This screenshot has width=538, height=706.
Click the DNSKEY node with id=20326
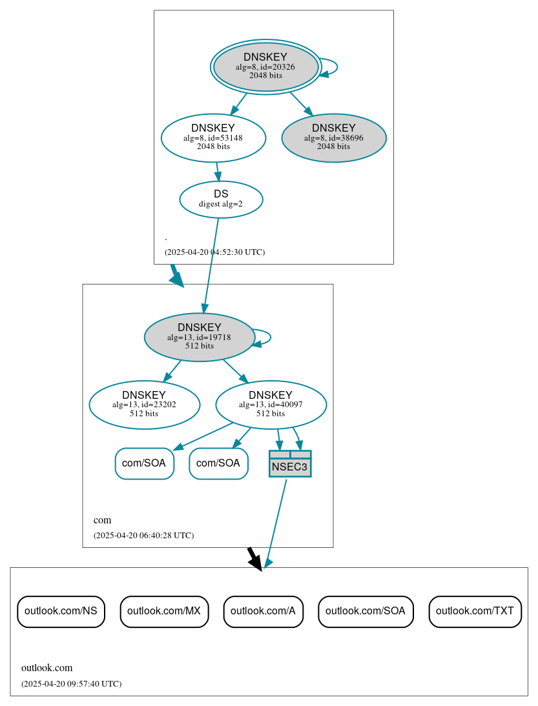pos(265,66)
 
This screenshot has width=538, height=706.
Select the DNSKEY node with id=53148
pos(213,137)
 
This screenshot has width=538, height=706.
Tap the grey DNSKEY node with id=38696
pos(334,137)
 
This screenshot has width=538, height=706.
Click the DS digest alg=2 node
pos(221,199)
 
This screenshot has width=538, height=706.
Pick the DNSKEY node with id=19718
pos(199,337)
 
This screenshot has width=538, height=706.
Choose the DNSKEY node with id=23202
pos(144,405)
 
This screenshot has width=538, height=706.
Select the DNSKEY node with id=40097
pos(271,405)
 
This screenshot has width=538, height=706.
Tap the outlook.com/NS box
pos(61,611)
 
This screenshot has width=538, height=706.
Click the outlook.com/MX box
pos(164,611)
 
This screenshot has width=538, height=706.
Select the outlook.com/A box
pos(263,611)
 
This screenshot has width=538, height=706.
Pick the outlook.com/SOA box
pos(366,611)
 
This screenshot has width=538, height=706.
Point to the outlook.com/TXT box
pos(475,611)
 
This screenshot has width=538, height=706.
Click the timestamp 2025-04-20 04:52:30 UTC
pos(214,252)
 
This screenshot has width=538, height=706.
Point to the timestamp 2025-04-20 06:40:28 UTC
pos(143,535)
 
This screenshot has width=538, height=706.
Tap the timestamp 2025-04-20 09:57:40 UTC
pos(71,683)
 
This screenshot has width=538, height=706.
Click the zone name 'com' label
pos(102,519)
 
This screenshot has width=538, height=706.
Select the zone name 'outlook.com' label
pos(47,667)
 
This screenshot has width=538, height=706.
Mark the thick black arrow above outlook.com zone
pos(254,558)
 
